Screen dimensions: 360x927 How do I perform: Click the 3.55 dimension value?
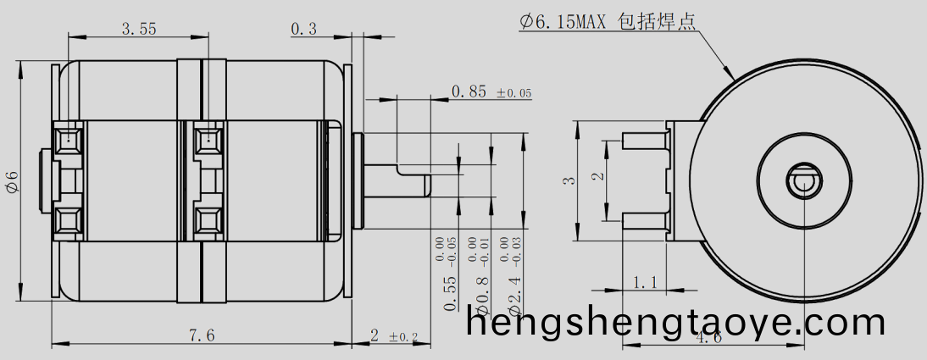(138, 29)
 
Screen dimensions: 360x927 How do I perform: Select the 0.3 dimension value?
(303, 29)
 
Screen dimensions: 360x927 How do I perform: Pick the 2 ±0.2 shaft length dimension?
(393, 336)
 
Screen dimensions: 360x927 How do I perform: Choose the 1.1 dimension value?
(646, 282)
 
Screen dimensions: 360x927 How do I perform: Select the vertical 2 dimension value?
(597, 176)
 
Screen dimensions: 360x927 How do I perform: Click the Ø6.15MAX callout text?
(563, 22)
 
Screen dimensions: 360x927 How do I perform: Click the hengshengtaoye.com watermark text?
(675, 323)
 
